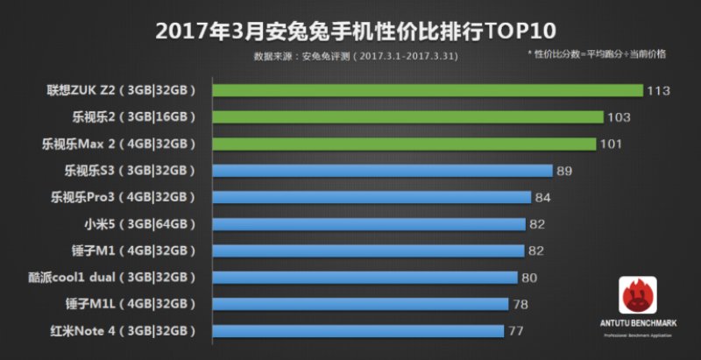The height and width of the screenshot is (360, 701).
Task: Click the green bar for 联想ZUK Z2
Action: pyautogui.click(x=428, y=90)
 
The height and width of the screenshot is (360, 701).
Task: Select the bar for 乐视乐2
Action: pyautogui.click(x=407, y=116)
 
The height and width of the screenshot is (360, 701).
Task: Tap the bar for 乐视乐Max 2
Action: pyautogui.click(x=404, y=144)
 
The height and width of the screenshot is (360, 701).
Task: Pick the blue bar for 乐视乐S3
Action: pyautogui.click(x=382, y=171)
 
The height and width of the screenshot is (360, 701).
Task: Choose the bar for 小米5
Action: pyautogui.click(x=369, y=224)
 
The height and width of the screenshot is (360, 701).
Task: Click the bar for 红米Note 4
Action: pyautogui.click(x=358, y=331)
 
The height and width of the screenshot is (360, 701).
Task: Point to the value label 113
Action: pyautogui.click(x=658, y=90)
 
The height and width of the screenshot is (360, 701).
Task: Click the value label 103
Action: pyautogui.click(x=619, y=117)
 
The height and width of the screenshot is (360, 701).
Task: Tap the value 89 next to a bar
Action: pyautogui.click(x=565, y=171)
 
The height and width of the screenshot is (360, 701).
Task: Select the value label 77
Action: pyautogui.click(x=516, y=331)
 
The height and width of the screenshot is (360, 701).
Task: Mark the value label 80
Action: pyautogui.click(x=528, y=278)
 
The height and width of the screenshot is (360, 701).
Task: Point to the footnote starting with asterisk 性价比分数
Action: pyautogui.click(x=596, y=54)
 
